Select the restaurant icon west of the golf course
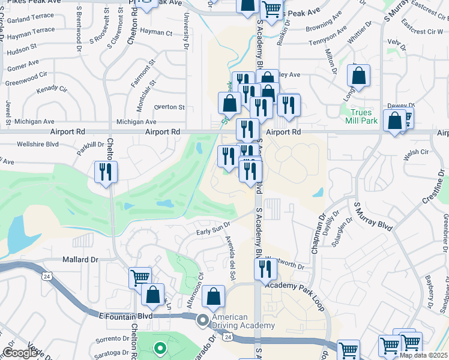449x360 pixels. (106, 172)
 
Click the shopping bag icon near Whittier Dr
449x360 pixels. (358, 77)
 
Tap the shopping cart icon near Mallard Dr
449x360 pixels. (140, 278)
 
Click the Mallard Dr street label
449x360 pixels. (80, 260)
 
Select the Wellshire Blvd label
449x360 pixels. (38, 144)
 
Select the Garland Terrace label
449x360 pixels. (29, 19)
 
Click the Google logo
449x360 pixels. (21, 353)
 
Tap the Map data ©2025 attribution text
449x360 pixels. (423, 355)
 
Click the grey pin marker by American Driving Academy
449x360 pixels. (203, 321)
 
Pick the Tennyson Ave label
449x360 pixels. (328, 43)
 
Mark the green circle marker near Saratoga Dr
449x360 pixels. (159, 347)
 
